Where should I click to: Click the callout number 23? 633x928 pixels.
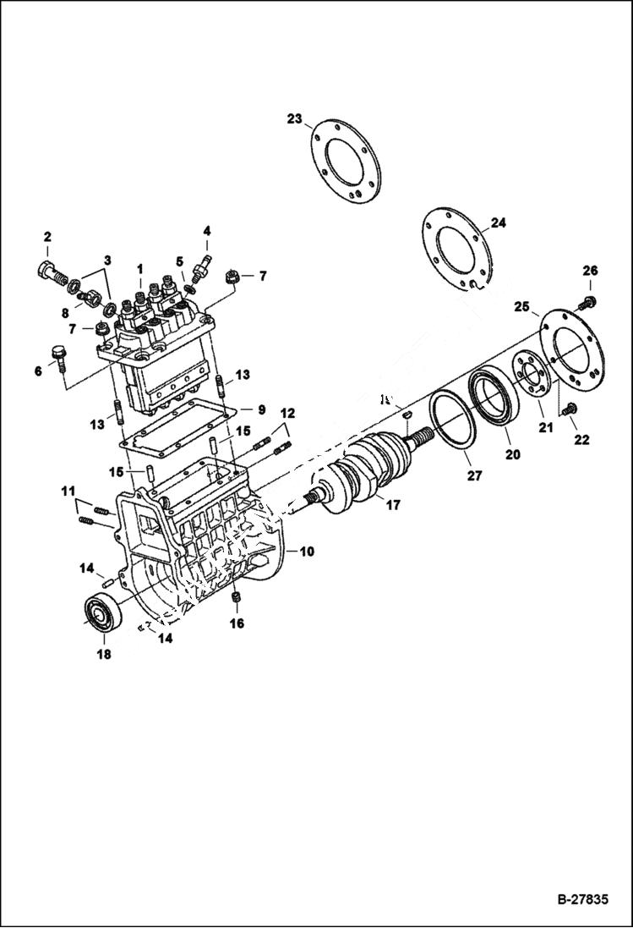click(x=293, y=119)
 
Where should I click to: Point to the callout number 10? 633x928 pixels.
click(x=306, y=551)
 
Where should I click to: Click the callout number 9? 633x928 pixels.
click(x=261, y=409)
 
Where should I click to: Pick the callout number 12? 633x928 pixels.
click(x=288, y=413)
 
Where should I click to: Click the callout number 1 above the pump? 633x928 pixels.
click(x=140, y=268)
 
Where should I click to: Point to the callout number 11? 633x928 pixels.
click(x=68, y=491)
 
